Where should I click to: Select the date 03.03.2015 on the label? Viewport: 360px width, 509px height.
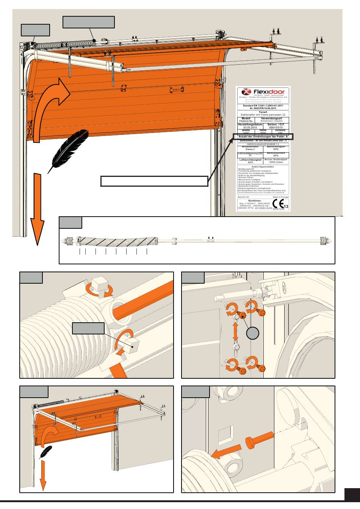247,127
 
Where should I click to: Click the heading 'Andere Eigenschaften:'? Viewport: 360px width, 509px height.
263,167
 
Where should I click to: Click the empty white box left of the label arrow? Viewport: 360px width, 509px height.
154,181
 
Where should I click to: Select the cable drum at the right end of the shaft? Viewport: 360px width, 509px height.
323,240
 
